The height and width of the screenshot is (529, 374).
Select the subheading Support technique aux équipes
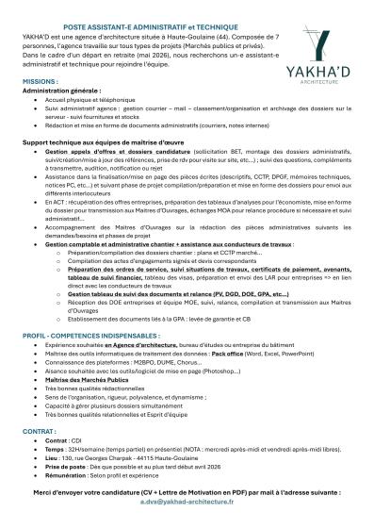click(x=83, y=141)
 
